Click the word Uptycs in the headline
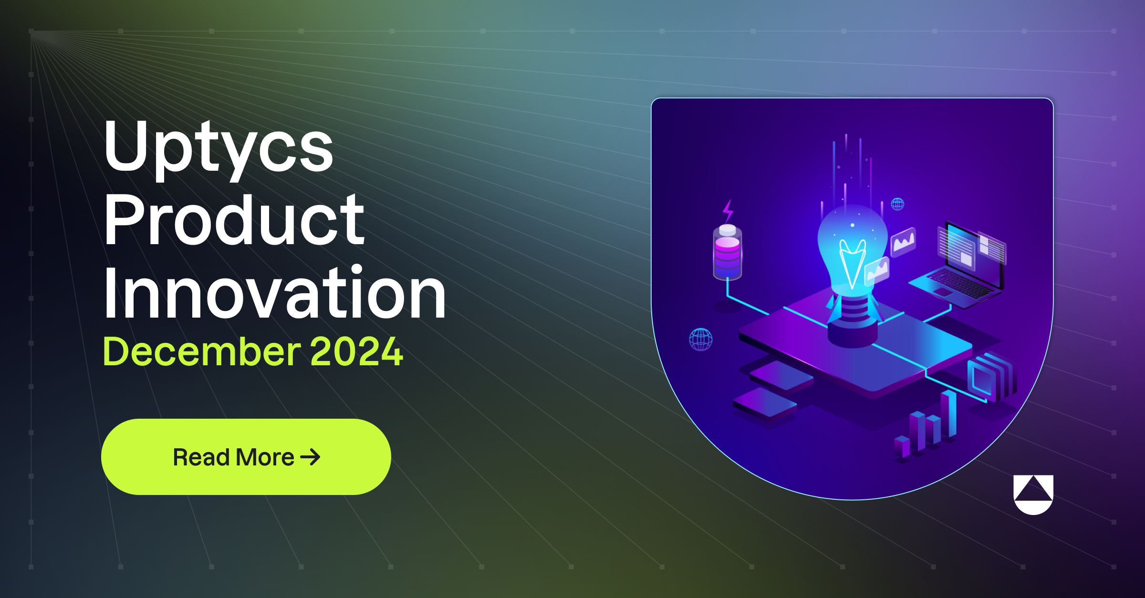[219, 149]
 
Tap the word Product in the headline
[234, 220]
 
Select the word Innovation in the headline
[274, 291]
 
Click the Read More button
[246, 457]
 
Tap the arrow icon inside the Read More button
[311, 457]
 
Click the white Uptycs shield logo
[1033, 495]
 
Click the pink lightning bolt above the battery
[728, 210]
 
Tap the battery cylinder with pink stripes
[728, 252]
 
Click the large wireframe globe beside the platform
[701, 340]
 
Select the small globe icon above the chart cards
[897, 204]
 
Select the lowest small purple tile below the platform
[765, 402]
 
